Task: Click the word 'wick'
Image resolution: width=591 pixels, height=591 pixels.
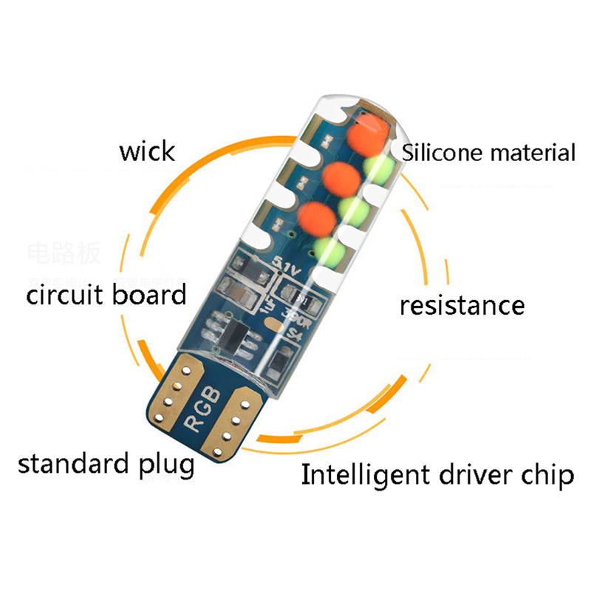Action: click(148, 151)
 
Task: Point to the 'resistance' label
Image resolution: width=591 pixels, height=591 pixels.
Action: click(462, 304)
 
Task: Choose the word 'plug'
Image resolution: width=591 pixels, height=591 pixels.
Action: click(165, 467)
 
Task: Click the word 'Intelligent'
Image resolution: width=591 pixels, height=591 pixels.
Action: click(365, 475)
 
